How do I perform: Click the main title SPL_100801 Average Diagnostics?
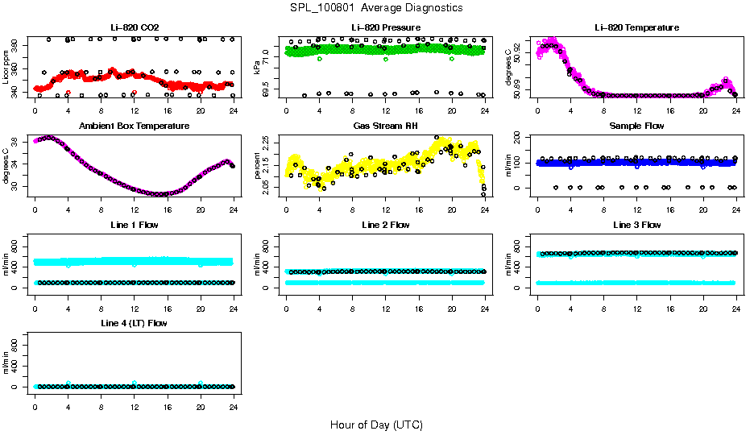[x=377, y=7]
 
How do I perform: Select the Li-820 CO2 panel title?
[x=135, y=27]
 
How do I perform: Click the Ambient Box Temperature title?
[x=135, y=126]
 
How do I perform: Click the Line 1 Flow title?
[x=135, y=225]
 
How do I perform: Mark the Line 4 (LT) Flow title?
[x=135, y=323]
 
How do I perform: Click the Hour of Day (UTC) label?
[x=376, y=425]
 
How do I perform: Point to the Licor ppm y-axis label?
[x=6, y=68]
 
